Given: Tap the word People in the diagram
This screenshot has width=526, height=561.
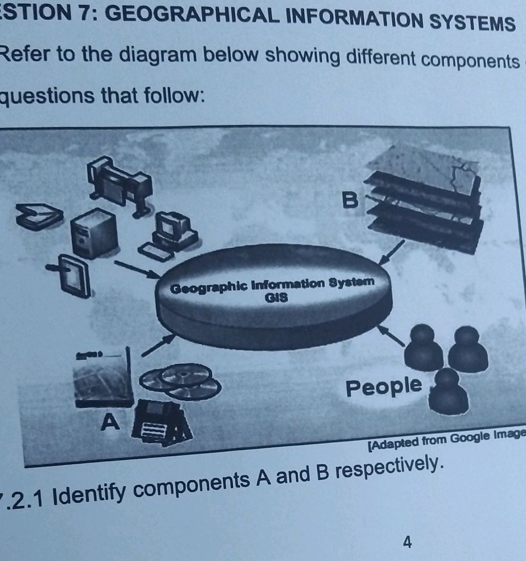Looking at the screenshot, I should click(x=383, y=387).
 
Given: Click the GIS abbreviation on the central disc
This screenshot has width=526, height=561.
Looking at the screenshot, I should click(x=274, y=298).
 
